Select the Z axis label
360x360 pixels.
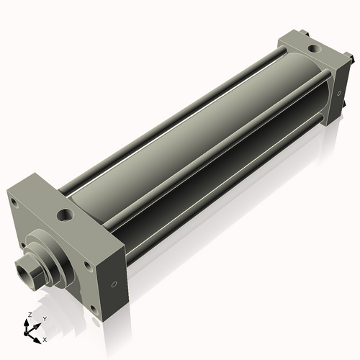[x=28, y=315]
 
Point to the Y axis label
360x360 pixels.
[x=44, y=318]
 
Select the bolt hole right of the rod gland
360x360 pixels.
[x=86, y=265]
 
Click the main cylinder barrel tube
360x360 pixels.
[x=202, y=137]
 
